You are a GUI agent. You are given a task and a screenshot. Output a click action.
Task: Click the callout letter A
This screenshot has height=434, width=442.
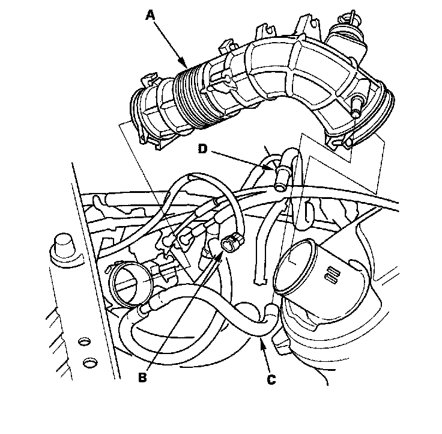(150, 15)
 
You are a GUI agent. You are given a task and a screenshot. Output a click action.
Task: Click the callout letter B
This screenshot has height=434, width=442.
(143, 377)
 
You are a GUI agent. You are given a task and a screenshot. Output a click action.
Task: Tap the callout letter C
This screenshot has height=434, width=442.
(271, 379)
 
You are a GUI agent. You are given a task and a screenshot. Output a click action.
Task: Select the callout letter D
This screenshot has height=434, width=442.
(202, 148)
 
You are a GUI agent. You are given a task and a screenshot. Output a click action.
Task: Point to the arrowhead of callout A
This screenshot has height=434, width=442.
(184, 64)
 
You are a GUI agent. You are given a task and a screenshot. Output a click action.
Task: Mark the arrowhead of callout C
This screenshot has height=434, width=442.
(262, 342)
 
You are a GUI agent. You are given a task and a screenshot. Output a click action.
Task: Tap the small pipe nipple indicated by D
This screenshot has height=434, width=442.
(280, 178)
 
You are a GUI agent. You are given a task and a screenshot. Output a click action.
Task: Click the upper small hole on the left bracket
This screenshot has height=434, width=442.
(83, 342)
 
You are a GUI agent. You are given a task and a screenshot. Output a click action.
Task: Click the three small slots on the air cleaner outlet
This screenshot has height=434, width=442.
(332, 275)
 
